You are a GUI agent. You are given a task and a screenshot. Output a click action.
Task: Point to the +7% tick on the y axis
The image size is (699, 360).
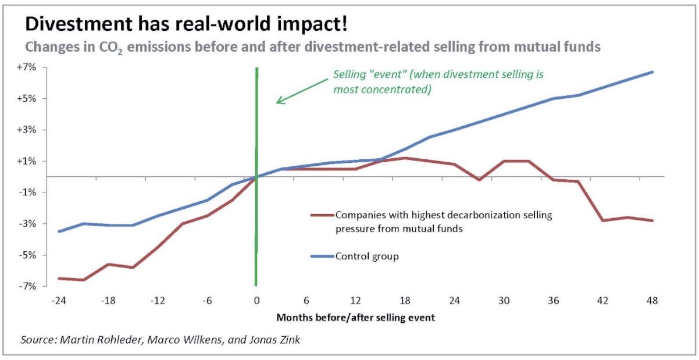pos(27,67)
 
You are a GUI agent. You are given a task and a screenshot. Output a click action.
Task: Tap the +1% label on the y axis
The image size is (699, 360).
pos(27,161)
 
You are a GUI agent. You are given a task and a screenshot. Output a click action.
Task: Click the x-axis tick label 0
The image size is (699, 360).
pos(256,301)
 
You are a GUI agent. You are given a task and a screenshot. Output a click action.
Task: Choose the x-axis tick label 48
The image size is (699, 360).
pos(652,301)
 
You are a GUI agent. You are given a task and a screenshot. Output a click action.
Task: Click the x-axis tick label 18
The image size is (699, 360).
pos(405,301)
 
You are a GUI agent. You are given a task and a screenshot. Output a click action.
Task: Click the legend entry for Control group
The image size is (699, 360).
pos(366,256)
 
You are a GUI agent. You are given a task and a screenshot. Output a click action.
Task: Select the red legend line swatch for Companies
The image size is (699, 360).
pos(322,215)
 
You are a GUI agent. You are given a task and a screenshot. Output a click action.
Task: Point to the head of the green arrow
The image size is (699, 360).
pos(277,102)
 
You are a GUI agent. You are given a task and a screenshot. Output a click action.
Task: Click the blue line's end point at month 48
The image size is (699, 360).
pos(652,72)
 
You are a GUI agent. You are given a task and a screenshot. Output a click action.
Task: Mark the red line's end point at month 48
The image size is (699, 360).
pos(652,220)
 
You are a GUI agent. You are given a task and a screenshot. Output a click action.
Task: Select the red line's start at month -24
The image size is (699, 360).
pos(58,278)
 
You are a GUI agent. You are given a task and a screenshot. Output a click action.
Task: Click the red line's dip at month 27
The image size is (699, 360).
pos(479,180)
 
